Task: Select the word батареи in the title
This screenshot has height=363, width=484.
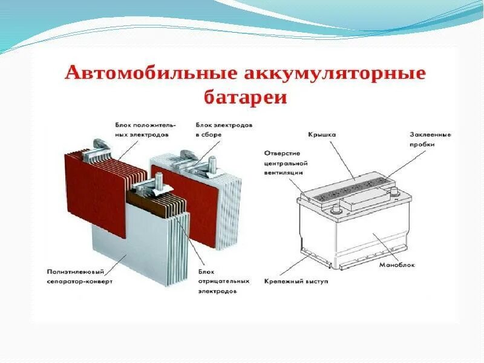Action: (x=246, y=98)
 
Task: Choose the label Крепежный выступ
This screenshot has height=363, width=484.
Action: (x=296, y=281)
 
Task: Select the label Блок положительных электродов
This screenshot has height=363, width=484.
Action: (x=142, y=129)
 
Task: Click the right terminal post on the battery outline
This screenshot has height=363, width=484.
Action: (x=395, y=192)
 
